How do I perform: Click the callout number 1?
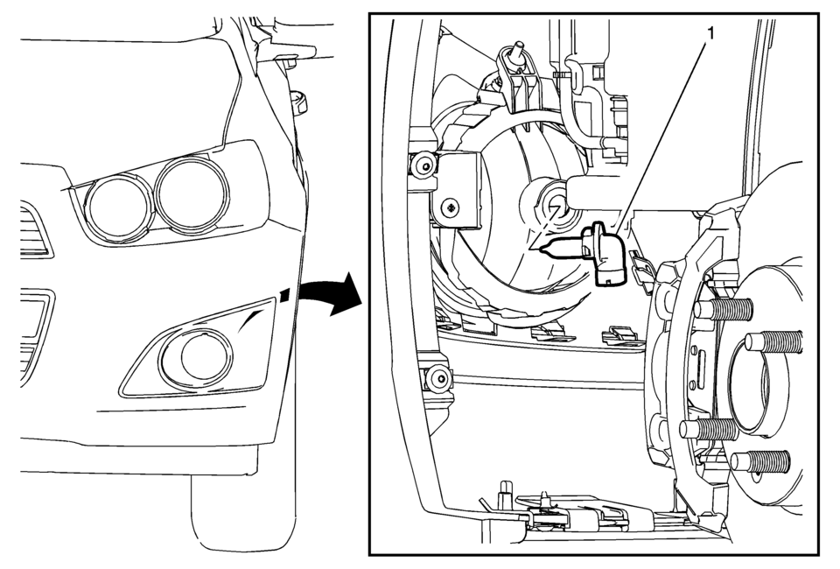pos(710,34)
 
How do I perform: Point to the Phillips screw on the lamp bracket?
pos(451,207)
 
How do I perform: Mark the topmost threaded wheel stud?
pos(724,309)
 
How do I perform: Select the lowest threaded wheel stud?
pos(757,461)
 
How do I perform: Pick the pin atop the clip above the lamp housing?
pos(518,48)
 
